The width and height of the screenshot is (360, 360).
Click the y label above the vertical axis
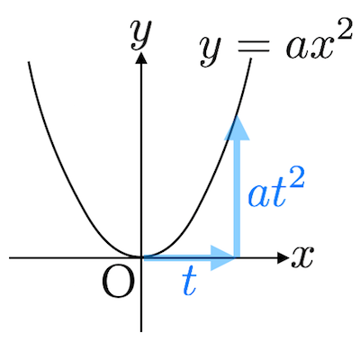point(140,34)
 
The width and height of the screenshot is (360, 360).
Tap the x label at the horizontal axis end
point(301,256)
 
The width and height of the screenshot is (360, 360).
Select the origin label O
point(118,282)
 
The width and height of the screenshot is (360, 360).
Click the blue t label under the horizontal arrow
point(189,281)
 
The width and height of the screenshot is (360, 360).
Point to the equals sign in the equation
point(254,48)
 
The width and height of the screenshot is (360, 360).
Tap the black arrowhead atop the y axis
point(141,58)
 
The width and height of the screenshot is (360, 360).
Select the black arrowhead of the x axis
point(283,257)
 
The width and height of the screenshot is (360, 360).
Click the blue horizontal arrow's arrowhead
point(222,257)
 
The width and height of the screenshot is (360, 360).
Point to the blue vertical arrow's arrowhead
point(237,129)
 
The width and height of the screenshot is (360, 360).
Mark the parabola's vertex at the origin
point(141,256)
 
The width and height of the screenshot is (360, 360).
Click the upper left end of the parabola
point(29,62)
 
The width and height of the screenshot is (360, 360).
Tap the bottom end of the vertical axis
point(141,331)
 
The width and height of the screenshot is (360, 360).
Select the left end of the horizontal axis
point(10,257)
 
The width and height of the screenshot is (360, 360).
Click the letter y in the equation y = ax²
point(211,51)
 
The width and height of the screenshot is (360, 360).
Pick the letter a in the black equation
point(296,48)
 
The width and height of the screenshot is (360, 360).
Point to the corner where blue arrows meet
point(237,257)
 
